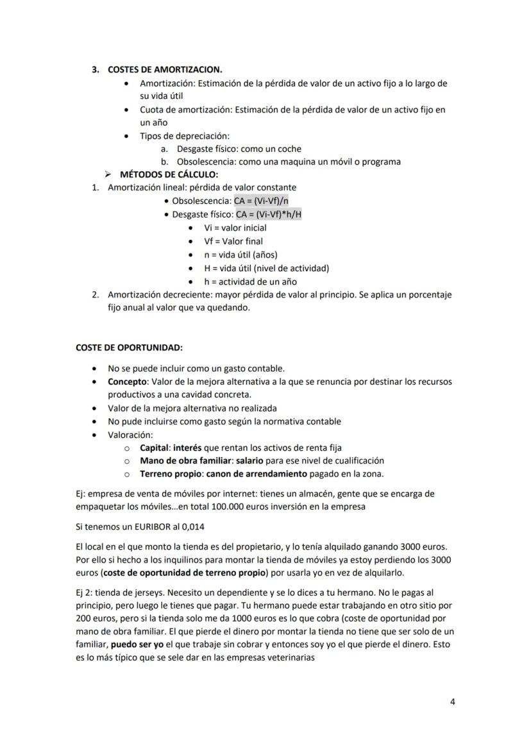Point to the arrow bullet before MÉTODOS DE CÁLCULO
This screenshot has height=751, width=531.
tap(110, 174)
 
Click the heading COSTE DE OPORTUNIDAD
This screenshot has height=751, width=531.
tap(129, 348)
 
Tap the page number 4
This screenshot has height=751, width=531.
tap(453, 702)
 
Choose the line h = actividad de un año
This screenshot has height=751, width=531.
tap(250, 282)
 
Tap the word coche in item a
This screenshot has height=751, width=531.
tap(288, 149)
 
